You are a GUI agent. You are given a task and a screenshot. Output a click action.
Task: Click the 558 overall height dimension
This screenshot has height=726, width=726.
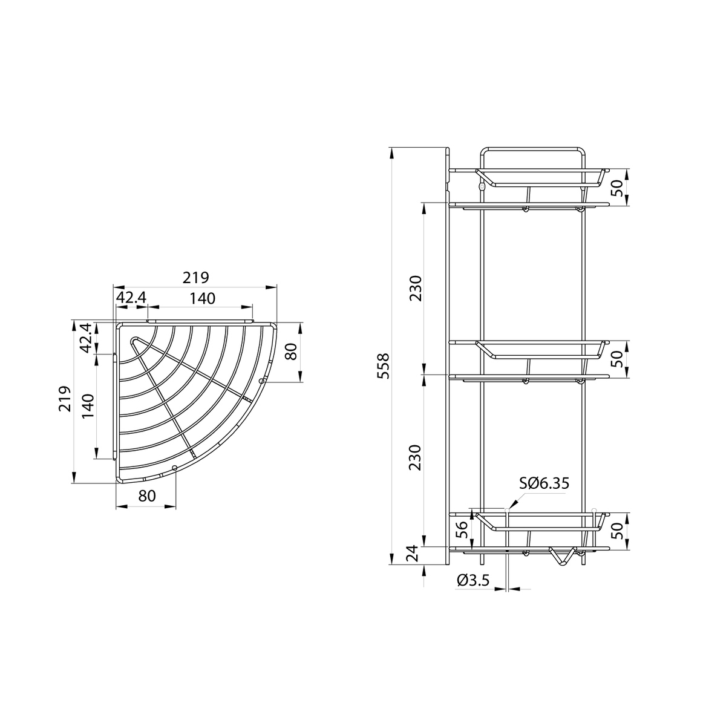383,366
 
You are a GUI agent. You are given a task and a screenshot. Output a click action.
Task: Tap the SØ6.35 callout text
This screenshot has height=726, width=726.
544,483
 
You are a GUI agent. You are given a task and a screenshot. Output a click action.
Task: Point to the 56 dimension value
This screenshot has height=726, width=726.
462,530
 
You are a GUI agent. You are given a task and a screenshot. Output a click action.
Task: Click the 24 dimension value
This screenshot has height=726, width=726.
413,554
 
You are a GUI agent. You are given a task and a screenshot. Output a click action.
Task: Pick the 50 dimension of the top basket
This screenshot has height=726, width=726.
616,187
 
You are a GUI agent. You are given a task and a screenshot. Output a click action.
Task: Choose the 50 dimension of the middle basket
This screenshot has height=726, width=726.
616,359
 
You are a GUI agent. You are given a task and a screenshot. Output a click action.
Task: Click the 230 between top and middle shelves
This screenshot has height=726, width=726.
416,288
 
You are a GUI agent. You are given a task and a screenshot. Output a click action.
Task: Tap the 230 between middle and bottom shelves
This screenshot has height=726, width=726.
416,458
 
